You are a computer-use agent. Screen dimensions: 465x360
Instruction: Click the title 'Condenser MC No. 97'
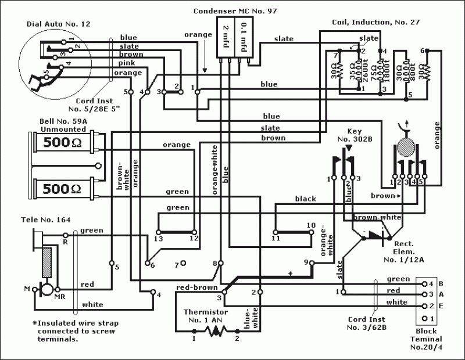(235, 11)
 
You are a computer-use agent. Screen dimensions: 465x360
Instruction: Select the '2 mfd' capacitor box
(226, 37)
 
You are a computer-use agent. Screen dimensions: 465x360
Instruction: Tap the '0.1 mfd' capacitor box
(244, 37)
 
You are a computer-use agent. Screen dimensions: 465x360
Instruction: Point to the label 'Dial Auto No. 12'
(59, 24)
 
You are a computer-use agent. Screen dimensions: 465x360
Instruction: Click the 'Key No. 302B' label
(355, 135)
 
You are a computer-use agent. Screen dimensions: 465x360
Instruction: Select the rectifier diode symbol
(377, 237)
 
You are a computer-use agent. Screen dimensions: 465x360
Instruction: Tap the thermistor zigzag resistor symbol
(216, 331)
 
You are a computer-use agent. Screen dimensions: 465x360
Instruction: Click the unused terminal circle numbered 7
(184, 263)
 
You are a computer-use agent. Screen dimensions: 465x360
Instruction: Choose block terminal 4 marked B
(425, 284)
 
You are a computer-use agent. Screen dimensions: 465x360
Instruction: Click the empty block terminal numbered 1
(425, 319)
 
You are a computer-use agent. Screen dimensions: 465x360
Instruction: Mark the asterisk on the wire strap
(291, 274)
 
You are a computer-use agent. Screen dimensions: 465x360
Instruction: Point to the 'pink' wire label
(127, 63)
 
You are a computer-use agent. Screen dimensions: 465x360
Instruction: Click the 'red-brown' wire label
(197, 287)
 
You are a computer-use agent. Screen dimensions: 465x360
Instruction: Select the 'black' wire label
(306, 199)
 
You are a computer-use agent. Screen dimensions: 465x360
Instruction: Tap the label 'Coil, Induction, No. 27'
(375, 23)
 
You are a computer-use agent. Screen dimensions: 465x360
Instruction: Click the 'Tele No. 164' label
(46, 219)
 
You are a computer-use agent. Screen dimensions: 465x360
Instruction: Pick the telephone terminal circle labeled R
(66, 235)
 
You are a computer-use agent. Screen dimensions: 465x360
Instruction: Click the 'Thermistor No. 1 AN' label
(206, 316)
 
